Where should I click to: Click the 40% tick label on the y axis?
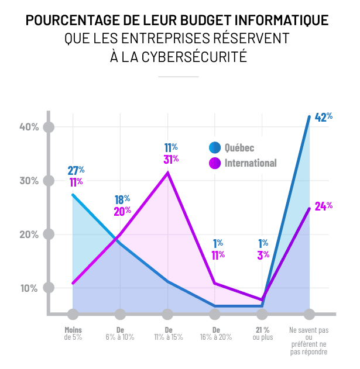point(29,127)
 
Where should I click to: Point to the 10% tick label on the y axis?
point(29,288)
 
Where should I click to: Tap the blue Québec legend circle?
point(215,147)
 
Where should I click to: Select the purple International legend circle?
point(215,163)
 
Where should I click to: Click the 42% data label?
point(324,117)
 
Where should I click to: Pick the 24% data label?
point(324,206)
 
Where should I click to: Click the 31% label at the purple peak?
point(171,159)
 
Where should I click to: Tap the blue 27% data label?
point(76,170)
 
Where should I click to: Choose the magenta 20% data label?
point(122,211)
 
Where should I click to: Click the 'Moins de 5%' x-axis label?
point(73,333)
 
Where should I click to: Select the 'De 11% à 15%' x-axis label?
point(168,333)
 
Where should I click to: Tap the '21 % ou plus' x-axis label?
point(262,333)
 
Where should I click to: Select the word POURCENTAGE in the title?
point(69,20)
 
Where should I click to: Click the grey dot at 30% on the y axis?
point(49,181)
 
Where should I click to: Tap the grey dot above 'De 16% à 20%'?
point(215,315)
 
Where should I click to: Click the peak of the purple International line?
point(168,173)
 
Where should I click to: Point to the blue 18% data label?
point(122,199)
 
